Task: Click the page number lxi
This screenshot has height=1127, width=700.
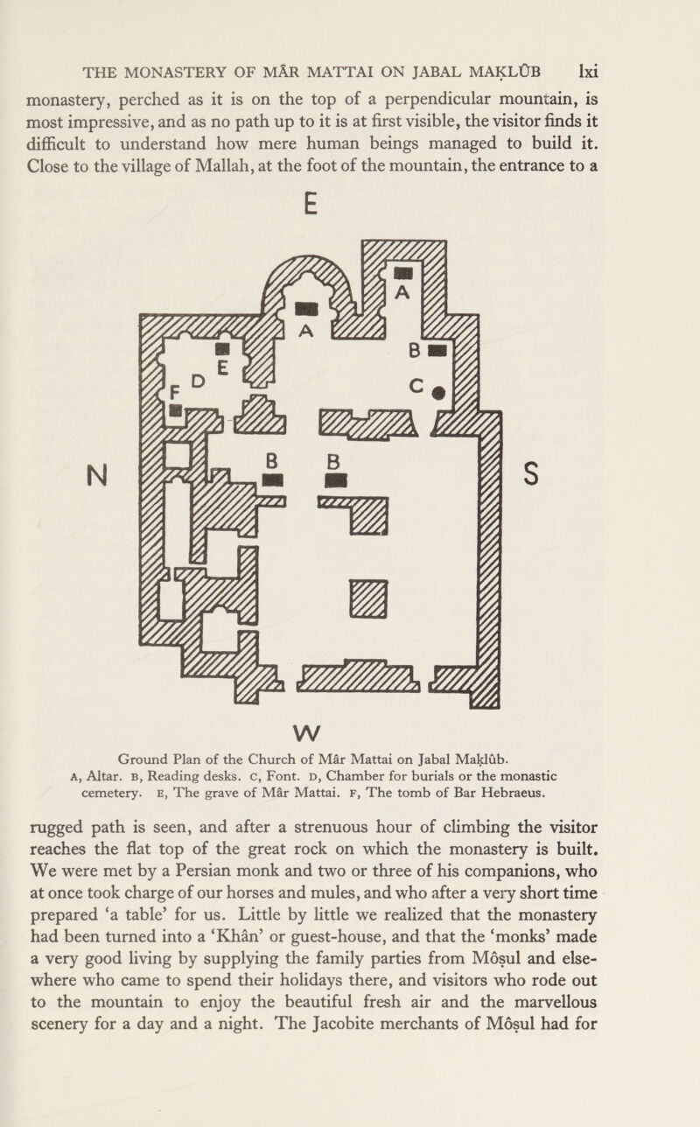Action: coord(588,72)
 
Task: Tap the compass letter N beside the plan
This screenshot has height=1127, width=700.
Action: coord(97,475)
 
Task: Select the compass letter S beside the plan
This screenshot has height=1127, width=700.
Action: coord(531,473)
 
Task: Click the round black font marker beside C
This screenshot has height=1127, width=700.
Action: coord(438,393)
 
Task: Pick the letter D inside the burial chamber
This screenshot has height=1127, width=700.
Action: coord(199,381)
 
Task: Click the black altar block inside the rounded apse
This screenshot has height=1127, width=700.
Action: coord(306,309)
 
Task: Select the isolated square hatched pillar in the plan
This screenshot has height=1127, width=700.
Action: coord(368,598)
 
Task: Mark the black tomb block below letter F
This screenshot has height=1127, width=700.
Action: coord(175,410)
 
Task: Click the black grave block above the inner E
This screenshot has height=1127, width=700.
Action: coord(222,348)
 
